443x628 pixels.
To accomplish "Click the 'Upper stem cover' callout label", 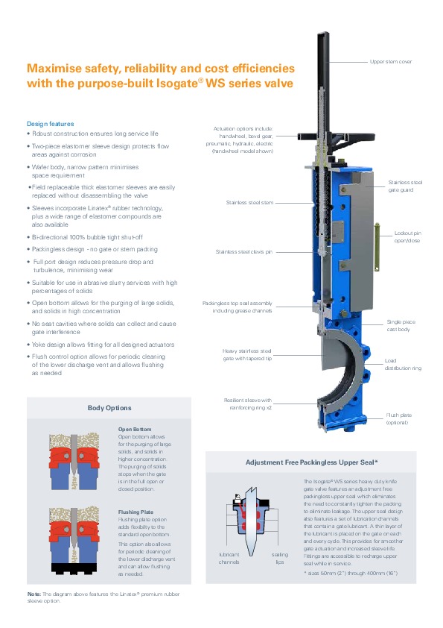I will pos(391,61).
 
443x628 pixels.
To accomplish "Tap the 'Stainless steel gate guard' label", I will pos(405,186).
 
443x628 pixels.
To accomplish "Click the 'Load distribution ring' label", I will pos(403,365).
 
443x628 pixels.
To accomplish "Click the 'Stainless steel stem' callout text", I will pos(249,202).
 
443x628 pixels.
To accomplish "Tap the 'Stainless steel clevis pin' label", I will pos(243,252).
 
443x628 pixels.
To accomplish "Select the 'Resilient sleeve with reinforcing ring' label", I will pos(248,404).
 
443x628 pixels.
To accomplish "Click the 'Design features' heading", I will pos(50,123).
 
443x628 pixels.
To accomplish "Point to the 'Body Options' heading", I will pos(109,408).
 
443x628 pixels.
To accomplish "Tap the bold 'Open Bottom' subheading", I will pos(135,430).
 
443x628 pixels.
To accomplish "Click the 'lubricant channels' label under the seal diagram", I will pos(229,559).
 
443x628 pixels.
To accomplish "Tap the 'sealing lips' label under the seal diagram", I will pos(279,559).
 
